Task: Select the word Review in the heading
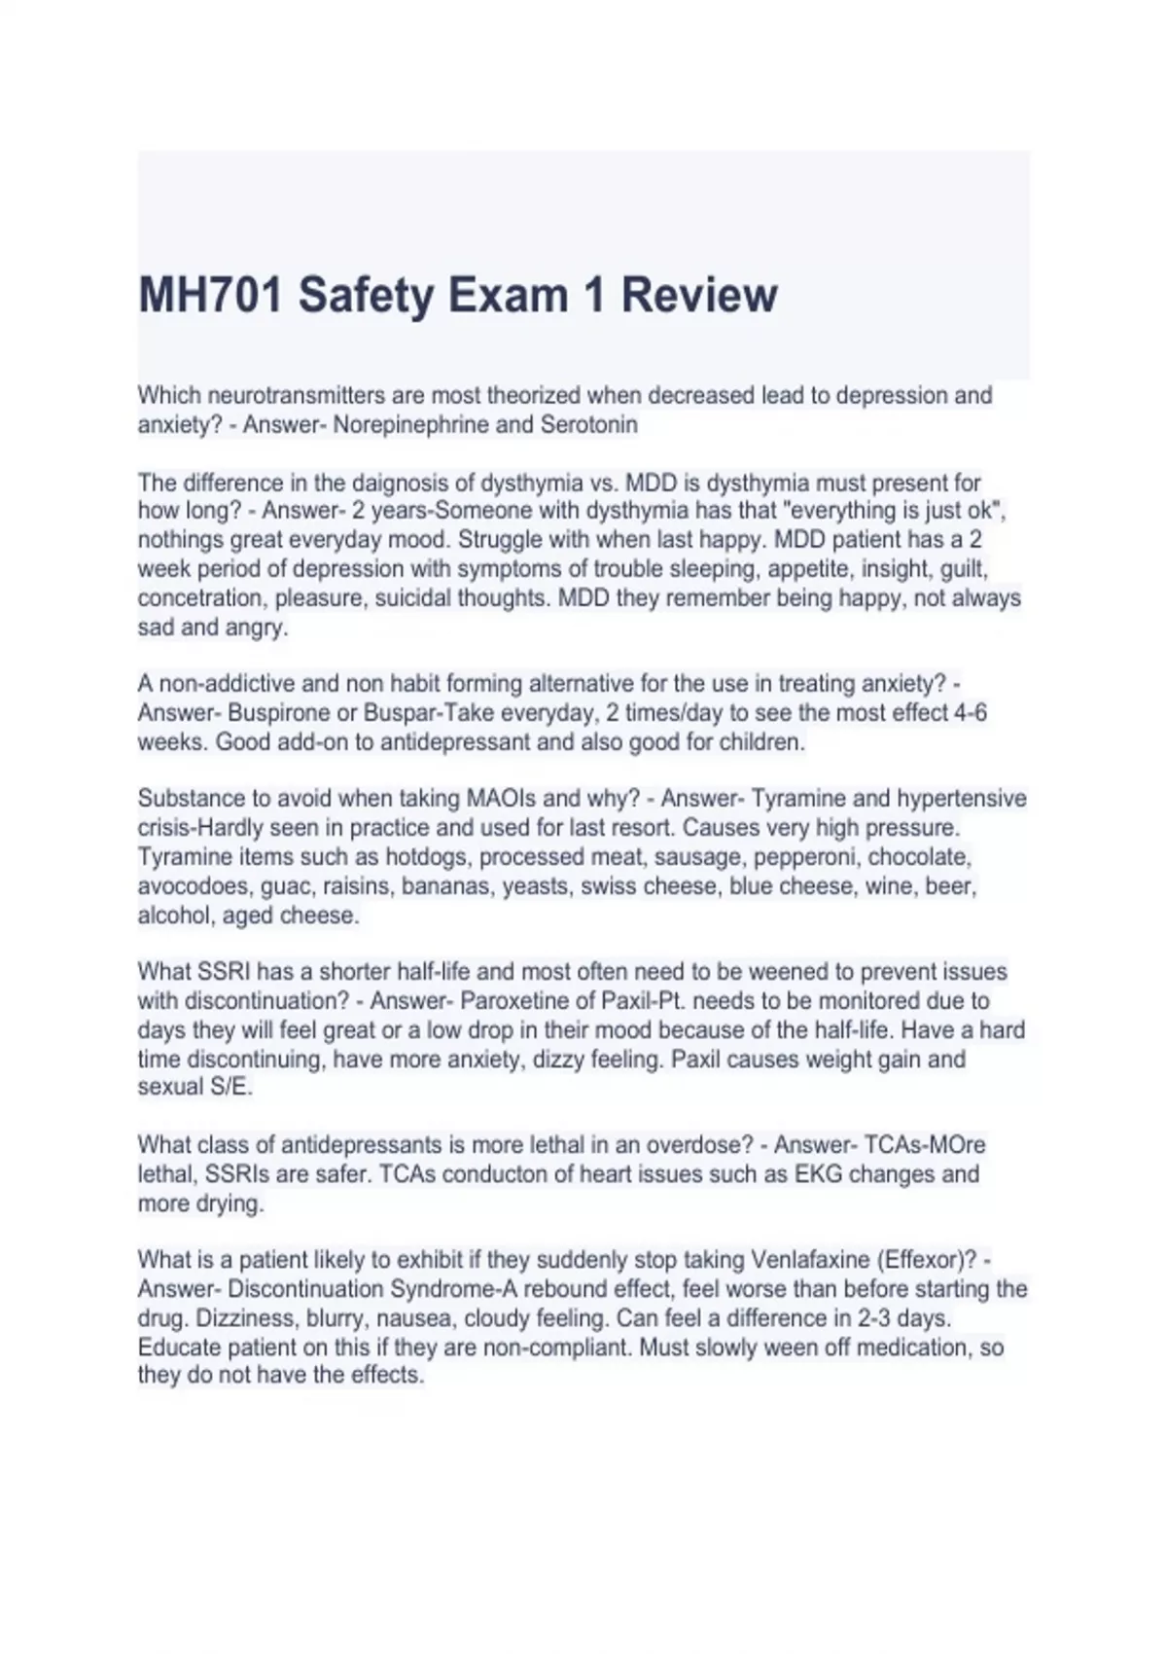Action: pyautogui.click(x=699, y=295)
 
